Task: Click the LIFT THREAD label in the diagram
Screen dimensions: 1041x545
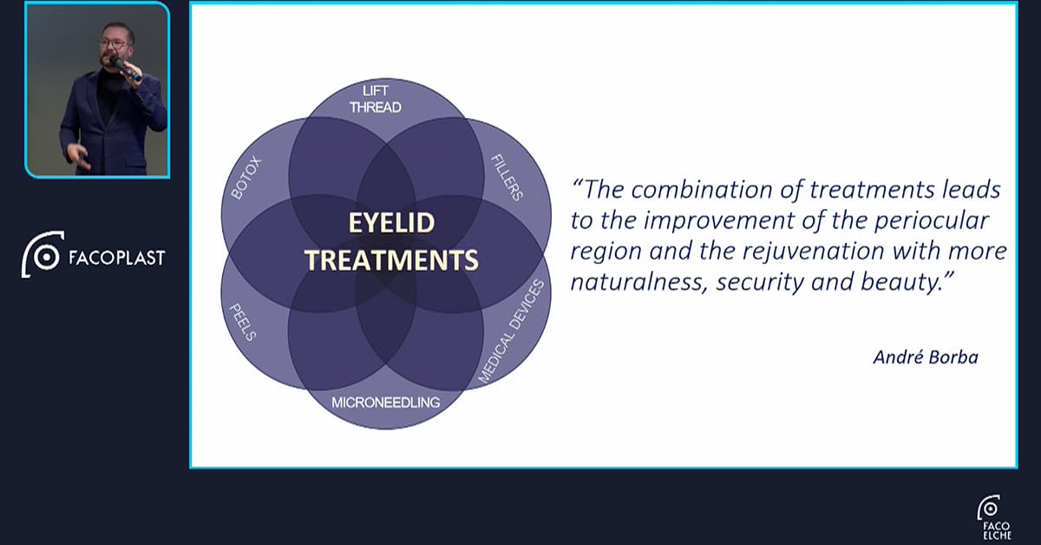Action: coord(376,99)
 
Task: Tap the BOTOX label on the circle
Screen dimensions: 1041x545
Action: coord(246,179)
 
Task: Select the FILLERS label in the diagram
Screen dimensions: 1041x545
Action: coord(507,177)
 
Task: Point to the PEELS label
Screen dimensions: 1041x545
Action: coord(243,322)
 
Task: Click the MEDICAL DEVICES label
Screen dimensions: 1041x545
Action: coord(511,332)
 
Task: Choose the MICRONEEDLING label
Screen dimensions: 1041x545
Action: coord(386,402)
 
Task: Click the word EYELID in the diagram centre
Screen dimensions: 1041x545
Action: coord(392,223)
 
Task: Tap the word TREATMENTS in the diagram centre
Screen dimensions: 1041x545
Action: coord(392,260)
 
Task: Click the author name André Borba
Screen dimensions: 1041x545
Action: coord(926,358)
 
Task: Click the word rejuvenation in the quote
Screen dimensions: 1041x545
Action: coord(814,252)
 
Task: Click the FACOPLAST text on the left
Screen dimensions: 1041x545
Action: coord(117,258)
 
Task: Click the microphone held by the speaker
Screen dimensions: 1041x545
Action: coord(125,69)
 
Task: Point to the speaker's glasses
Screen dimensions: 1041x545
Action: coord(113,44)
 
